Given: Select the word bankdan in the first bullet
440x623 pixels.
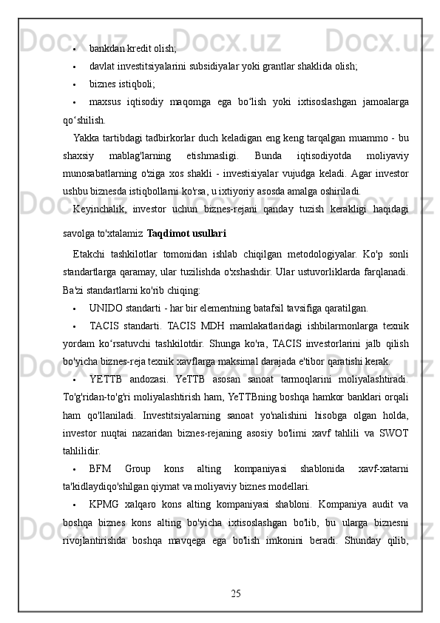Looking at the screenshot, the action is click(x=108, y=48).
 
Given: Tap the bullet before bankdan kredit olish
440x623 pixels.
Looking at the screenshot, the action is click(x=77, y=49).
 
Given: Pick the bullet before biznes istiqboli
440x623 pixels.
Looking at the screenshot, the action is click(x=77, y=84).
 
